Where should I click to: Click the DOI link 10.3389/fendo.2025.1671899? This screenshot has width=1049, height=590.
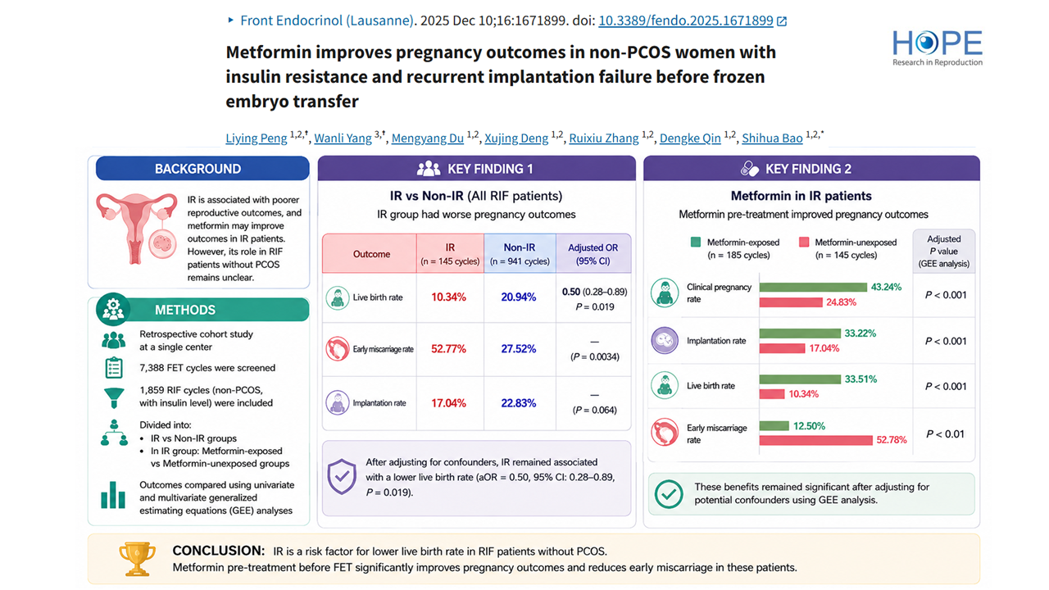click(x=686, y=20)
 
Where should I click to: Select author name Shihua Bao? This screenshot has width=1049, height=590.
click(x=772, y=138)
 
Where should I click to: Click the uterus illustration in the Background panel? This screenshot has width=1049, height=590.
click(x=137, y=229)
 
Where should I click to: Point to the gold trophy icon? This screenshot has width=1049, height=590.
click(x=137, y=559)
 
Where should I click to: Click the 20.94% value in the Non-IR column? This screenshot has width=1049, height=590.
click(x=519, y=297)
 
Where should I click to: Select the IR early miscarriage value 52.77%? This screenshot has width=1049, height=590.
click(x=448, y=349)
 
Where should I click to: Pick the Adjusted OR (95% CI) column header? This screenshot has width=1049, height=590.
click(x=593, y=254)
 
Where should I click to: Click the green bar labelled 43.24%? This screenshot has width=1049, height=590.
click(x=813, y=287)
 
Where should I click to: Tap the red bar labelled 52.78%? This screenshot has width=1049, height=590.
click(x=815, y=440)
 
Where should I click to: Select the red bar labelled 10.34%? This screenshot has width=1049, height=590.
click(x=772, y=394)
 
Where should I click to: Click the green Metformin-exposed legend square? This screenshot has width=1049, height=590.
click(x=696, y=242)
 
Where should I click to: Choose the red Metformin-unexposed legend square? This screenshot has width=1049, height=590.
click(x=804, y=242)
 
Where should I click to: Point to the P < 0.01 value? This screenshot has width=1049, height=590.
click(x=945, y=434)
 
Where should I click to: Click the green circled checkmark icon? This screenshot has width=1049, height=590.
click(x=669, y=494)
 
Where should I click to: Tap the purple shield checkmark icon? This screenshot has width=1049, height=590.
click(x=342, y=477)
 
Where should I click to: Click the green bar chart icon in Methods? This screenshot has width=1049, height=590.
click(x=113, y=495)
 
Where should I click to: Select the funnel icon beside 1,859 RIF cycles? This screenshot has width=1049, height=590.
click(x=114, y=398)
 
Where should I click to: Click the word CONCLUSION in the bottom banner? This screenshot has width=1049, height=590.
click(x=218, y=551)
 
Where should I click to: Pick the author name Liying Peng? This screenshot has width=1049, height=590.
click(x=257, y=138)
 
